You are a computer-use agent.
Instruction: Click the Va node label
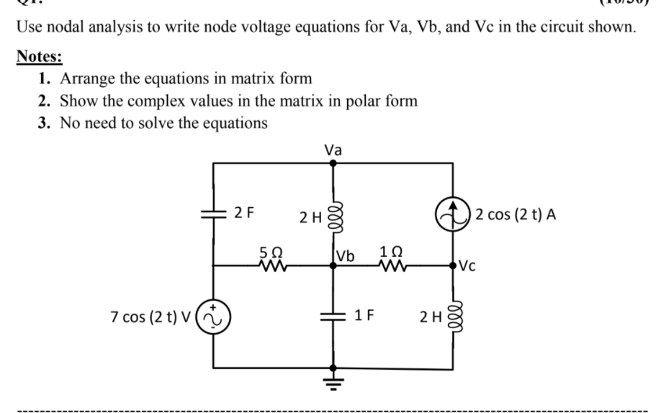pos(333,150)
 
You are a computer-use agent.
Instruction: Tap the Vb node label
pos(346,256)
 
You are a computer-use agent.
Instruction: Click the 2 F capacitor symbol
pos(214,214)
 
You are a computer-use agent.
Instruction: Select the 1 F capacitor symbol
pos(332,315)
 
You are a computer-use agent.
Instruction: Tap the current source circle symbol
pos(452,215)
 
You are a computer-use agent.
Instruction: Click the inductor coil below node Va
pos(332,215)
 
